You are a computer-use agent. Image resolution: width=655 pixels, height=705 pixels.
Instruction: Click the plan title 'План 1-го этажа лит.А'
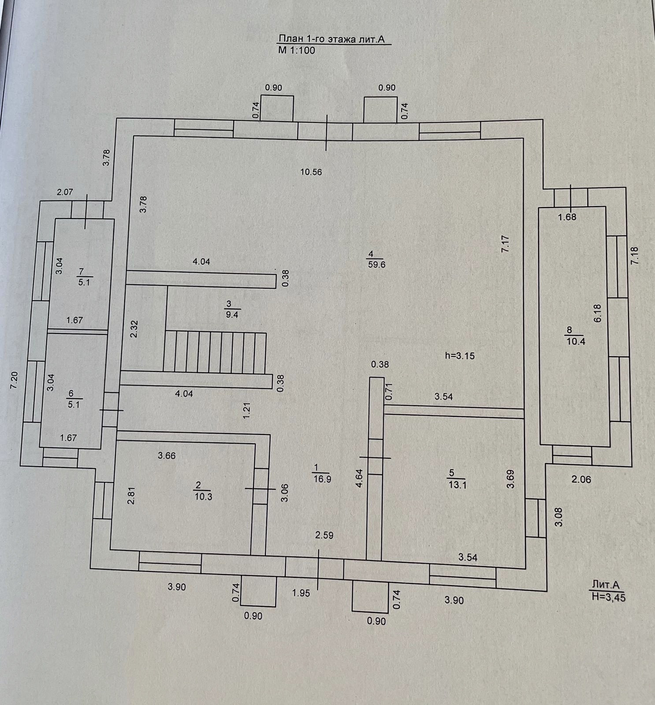[x=331, y=39]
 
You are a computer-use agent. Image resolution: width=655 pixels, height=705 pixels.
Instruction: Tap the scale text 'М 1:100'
[x=297, y=50]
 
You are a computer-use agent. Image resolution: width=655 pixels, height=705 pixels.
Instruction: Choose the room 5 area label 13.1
[x=457, y=485]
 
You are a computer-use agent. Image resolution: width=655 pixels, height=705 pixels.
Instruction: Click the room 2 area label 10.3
[x=203, y=497]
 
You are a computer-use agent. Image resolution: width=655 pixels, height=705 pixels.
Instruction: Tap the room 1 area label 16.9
[x=322, y=479]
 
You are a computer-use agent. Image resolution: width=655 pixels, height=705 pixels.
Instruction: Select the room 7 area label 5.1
[x=84, y=282]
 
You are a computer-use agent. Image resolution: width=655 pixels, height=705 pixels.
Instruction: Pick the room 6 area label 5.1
[x=74, y=404]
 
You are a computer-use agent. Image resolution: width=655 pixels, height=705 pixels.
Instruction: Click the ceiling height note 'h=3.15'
[x=460, y=356]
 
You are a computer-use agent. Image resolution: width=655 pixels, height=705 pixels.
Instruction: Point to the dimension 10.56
[x=311, y=172]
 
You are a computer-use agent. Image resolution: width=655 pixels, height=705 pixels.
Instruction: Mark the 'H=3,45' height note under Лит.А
[x=609, y=597]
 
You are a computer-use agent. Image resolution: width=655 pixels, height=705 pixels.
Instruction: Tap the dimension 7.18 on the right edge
[x=635, y=256]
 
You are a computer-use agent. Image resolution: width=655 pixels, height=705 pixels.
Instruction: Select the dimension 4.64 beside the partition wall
[x=359, y=478]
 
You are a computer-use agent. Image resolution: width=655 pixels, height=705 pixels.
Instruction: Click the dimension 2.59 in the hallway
[x=324, y=535]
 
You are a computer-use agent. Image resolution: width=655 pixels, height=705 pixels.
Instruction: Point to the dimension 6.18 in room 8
[x=597, y=313]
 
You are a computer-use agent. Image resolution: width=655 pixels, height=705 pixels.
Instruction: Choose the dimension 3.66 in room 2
[x=167, y=456]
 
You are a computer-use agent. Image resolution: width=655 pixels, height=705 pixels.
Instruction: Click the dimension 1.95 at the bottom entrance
[x=301, y=593]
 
